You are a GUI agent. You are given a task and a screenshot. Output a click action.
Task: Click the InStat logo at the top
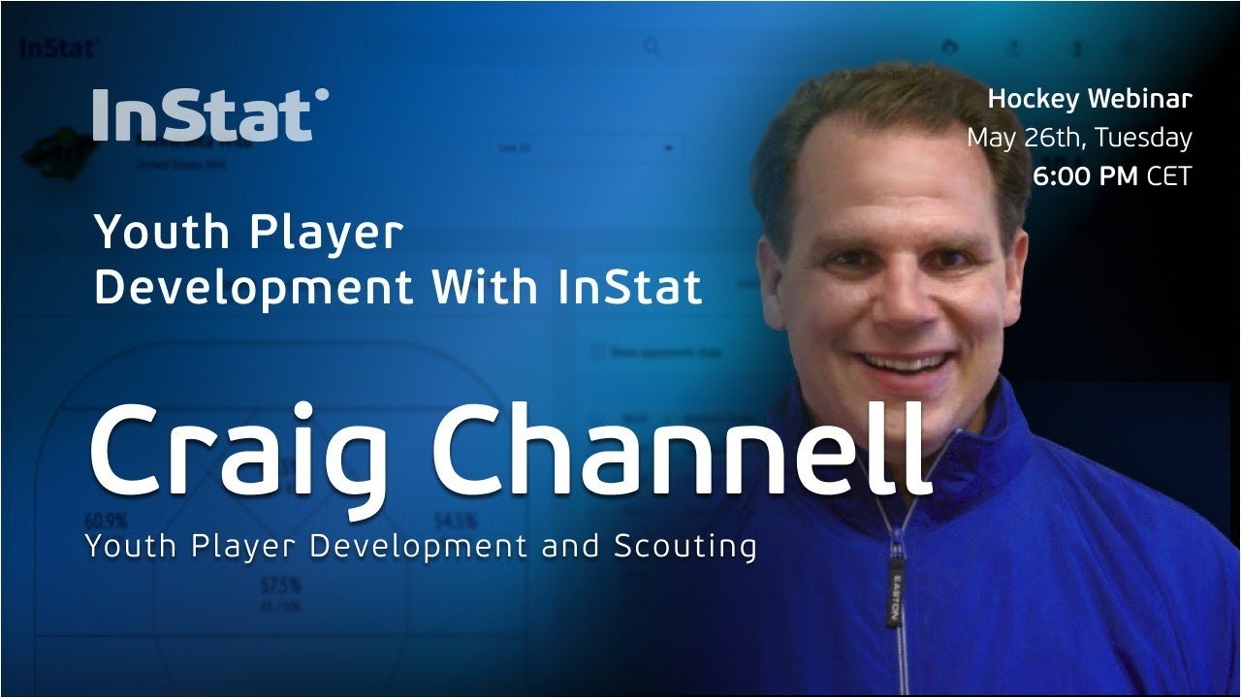[x=210, y=116]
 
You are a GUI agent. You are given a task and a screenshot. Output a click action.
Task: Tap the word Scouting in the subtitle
[x=684, y=546]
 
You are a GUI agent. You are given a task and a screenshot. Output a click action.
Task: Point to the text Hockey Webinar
[x=1090, y=98]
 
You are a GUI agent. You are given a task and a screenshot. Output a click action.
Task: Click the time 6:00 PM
[x=1086, y=176]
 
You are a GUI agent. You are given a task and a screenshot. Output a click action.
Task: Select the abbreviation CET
[x=1169, y=176]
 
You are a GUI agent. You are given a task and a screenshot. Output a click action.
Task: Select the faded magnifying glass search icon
[x=652, y=48]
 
